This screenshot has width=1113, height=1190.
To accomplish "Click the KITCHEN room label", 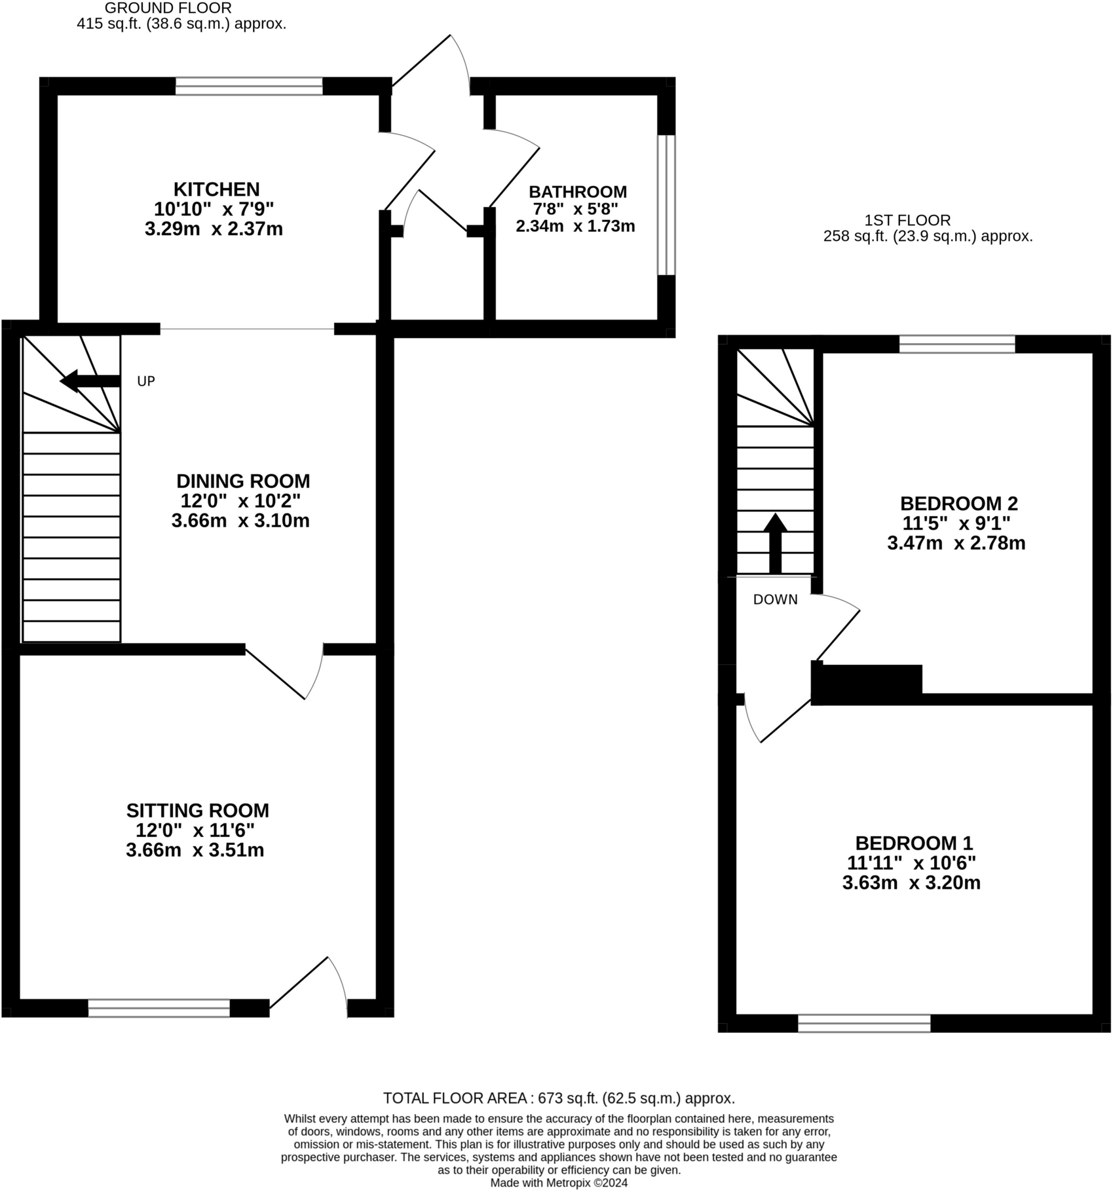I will pyautogui.click(x=216, y=190).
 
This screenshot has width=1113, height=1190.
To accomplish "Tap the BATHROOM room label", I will pyautogui.click(x=577, y=192).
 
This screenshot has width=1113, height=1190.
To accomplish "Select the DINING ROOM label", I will pyautogui.click(x=243, y=481).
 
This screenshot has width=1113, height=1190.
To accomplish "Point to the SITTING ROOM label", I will pyautogui.click(x=197, y=811).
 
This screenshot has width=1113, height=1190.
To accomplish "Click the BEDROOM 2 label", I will pyautogui.click(x=958, y=504).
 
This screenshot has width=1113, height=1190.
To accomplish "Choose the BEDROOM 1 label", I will pyautogui.click(x=914, y=843).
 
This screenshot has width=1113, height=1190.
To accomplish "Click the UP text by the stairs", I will pyautogui.click(x=145, y=382).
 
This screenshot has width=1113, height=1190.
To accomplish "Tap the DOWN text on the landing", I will pyautogui.click(x=775, y=600).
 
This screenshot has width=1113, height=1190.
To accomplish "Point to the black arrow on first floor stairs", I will pyautogui.click(x=775, y=542).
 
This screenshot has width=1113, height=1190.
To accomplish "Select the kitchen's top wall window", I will pyautogui.click(x=249, y=86).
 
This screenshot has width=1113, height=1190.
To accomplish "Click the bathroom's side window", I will pyautogui.click(x=666, y=205).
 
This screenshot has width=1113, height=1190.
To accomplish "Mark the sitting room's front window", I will pyautogui.click(x=159, y=1008).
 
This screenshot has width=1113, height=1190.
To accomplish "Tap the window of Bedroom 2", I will pyautogui.click(x=956, y=344).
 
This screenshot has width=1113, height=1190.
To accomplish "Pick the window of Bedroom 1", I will pyautogui.click(x=863, y=1023).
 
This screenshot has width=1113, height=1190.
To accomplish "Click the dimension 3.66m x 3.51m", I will pyautogui.click(x=195, y=851).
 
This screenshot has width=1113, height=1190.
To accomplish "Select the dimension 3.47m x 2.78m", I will pyautogui.click(x=956, y=544).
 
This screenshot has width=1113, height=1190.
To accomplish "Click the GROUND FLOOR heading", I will pyautogui.click(x=168, y=9).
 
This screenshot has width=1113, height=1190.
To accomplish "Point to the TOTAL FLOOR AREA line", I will pyautogui.click(x=558, y=1098).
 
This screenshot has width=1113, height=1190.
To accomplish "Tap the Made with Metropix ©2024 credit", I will pyautogui.click(x=558, y=1183).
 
